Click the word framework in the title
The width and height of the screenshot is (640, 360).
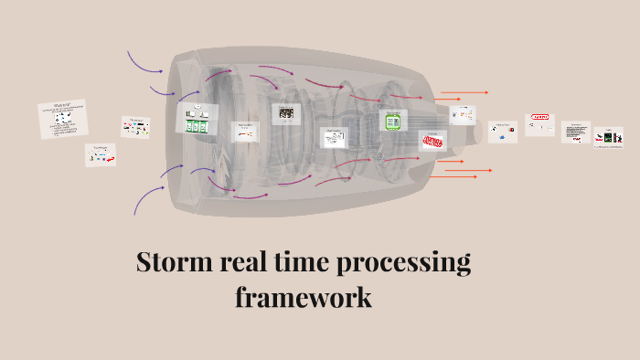[x=303, y=297]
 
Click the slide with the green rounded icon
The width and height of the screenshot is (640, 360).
[x=394, y=121]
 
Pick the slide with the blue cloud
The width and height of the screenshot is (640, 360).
[x=503, y=132]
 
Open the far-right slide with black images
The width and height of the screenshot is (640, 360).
[x=609, y=137]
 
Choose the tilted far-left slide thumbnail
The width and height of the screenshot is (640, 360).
[x=63, y=119]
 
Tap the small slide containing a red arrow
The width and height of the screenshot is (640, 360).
[x=101, y=155]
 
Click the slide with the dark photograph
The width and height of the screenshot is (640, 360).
[x=286, y=112]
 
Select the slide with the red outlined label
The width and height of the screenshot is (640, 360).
[x=540, y=123]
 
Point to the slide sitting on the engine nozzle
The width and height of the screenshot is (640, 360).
[x=463, y=114]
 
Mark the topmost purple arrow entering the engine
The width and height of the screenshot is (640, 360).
[x=144, y=62]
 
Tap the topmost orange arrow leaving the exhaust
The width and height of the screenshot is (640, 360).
[x=464, y=92]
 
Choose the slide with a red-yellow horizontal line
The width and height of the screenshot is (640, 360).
[x=245, y=132]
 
